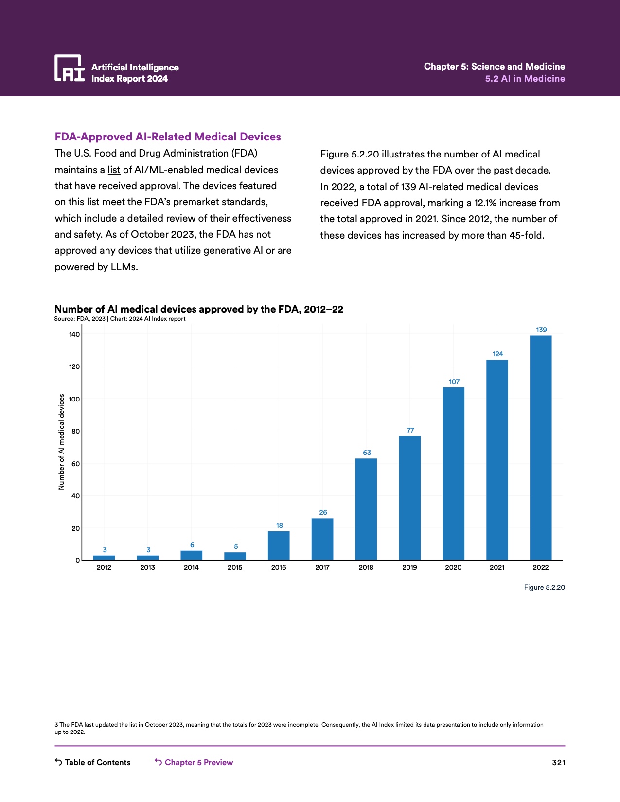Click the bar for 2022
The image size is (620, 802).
coord(541,448)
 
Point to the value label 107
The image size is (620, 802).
coord(454,382)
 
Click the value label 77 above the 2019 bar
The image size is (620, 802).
coord(410,430)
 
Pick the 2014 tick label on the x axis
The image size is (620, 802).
coord(191,567)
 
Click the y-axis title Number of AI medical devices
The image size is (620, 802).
coord(61,442)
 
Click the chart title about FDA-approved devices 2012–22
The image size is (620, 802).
coord(198,309)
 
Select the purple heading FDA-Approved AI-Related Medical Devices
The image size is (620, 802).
coord(168,137)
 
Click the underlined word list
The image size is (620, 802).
coord(114,170)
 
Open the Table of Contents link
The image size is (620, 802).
coord(93,762)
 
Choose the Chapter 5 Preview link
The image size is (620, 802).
coord(194,762)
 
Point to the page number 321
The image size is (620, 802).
coord(558,762)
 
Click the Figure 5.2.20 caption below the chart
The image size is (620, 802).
coord(544,587)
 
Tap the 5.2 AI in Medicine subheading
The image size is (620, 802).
coord(525,79)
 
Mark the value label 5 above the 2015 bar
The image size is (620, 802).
coord(236,546)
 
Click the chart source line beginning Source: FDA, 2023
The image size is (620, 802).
coord(120,319)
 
